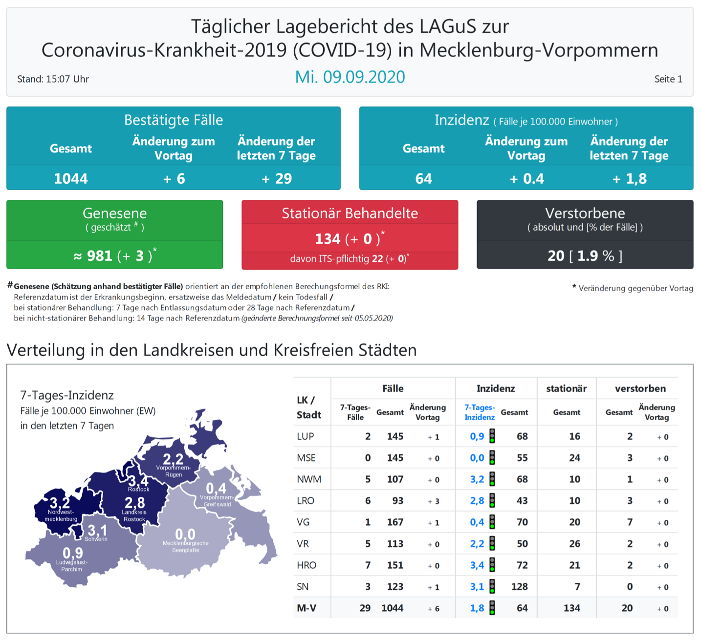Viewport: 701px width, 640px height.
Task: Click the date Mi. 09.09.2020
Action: pos(350,77)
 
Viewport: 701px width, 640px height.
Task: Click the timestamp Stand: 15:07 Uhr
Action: pos(53,79)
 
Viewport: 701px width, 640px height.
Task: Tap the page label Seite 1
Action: pos(668,79)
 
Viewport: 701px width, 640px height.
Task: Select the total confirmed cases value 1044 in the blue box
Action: pos(71,179)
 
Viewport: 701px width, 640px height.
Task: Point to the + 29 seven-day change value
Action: pos(277,179)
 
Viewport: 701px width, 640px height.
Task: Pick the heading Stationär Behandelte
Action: pos(350,213)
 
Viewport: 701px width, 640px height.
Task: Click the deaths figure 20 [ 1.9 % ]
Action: pos(585,256)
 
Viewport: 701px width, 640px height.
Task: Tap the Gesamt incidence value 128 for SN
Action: pos(520,587)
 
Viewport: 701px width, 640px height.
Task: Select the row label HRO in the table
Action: pos(307,565)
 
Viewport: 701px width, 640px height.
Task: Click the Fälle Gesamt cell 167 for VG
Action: pos(395,522)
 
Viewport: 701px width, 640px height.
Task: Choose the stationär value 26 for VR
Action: pos(574,544)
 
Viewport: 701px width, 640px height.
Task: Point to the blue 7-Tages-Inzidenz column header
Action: pos(479,412)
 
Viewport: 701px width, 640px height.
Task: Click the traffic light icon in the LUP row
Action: pos(492,436)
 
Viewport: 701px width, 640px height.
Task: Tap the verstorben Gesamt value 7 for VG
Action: pos(630,522)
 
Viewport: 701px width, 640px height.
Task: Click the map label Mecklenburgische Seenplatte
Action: pos(186,547)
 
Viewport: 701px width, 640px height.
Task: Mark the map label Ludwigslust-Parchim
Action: pos(72,566)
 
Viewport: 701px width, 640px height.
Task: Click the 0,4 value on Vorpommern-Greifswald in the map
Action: pos(216,488)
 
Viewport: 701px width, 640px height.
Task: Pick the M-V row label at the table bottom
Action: pos(307,608)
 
